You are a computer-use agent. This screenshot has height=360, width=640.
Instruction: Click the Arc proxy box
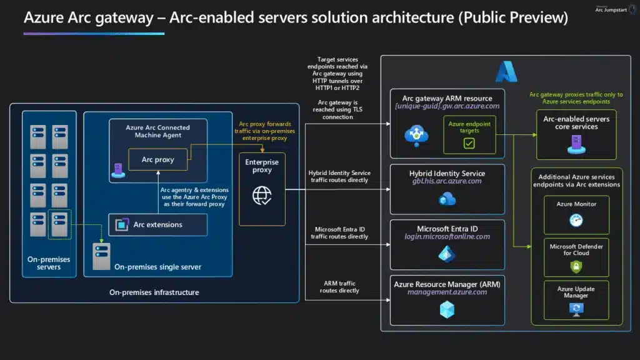pos(157,160)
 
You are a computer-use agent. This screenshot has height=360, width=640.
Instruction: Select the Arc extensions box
pos(157,224)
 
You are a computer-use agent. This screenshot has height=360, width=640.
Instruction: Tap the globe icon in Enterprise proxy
pos(262,196)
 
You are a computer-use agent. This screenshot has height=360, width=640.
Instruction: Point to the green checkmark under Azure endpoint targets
pos(469,143)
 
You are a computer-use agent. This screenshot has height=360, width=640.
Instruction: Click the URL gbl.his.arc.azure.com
pos(447,181)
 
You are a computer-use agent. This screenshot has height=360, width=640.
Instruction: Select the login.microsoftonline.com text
pos(447,237)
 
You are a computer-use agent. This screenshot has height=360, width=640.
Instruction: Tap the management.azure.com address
pos(447,292)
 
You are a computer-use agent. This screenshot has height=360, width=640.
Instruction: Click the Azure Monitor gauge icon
pos(576,220)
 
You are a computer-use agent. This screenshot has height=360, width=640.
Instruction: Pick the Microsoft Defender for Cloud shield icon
pos(576,266)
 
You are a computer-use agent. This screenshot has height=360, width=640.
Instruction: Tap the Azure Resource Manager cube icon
pos(447,309)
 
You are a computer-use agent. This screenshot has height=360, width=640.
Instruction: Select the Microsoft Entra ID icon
pos(447,254)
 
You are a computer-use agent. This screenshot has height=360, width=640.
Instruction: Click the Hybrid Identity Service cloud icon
pos(447,199)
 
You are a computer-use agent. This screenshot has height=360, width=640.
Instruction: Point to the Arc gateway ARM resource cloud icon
pos(414,134)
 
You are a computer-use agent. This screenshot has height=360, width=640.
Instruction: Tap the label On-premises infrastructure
pos(154,292)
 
